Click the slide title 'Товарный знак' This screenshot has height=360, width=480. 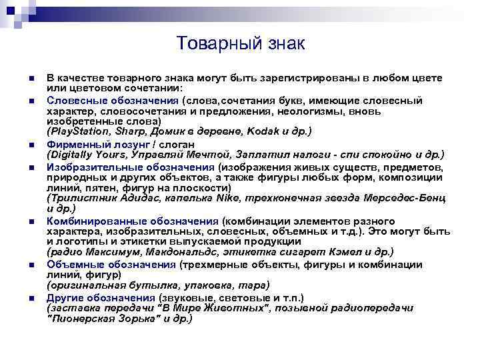coord(241,44)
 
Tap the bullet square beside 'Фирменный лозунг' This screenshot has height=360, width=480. coord(31,144)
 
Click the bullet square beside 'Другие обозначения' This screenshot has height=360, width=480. coord(31,298)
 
